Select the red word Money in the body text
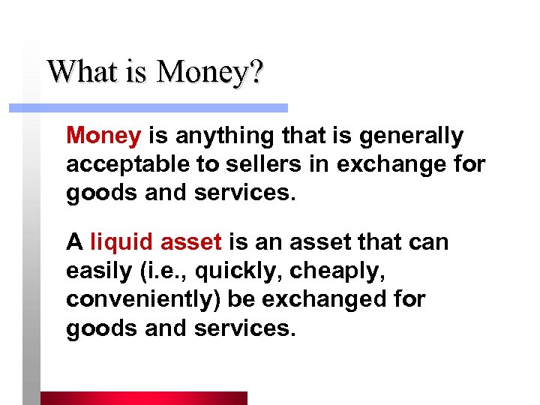click(x=103, y=136)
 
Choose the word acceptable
click(x=120, y=164)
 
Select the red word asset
click(x=191, y=243)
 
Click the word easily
click(x=94, y=271)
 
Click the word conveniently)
click(x=143, y=299)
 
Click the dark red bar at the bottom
click(x=143, y=397)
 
